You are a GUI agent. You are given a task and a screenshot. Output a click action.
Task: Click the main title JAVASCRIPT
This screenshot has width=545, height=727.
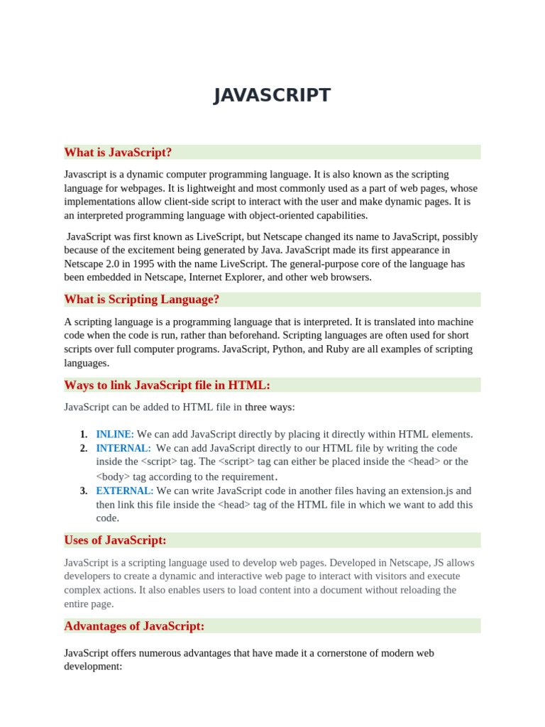tap(272, 95)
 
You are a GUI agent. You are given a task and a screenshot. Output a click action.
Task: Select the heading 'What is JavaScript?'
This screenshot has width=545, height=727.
tap(118, 153)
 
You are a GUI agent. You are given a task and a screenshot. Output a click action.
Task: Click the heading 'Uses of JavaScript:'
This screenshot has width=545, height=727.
tap(115, 540)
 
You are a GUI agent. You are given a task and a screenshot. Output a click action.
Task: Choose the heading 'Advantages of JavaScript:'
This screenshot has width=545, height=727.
tap(134, 626)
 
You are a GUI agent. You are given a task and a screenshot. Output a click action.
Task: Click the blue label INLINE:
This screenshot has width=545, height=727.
tap(115, 434)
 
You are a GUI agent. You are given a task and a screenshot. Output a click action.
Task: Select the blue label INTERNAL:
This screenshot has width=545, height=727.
tap(123, 448)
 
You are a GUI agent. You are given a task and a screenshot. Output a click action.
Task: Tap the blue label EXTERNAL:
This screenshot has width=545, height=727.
tap(125, 491)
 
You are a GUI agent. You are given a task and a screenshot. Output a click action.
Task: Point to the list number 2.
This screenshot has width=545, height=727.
tap(84, 448)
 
